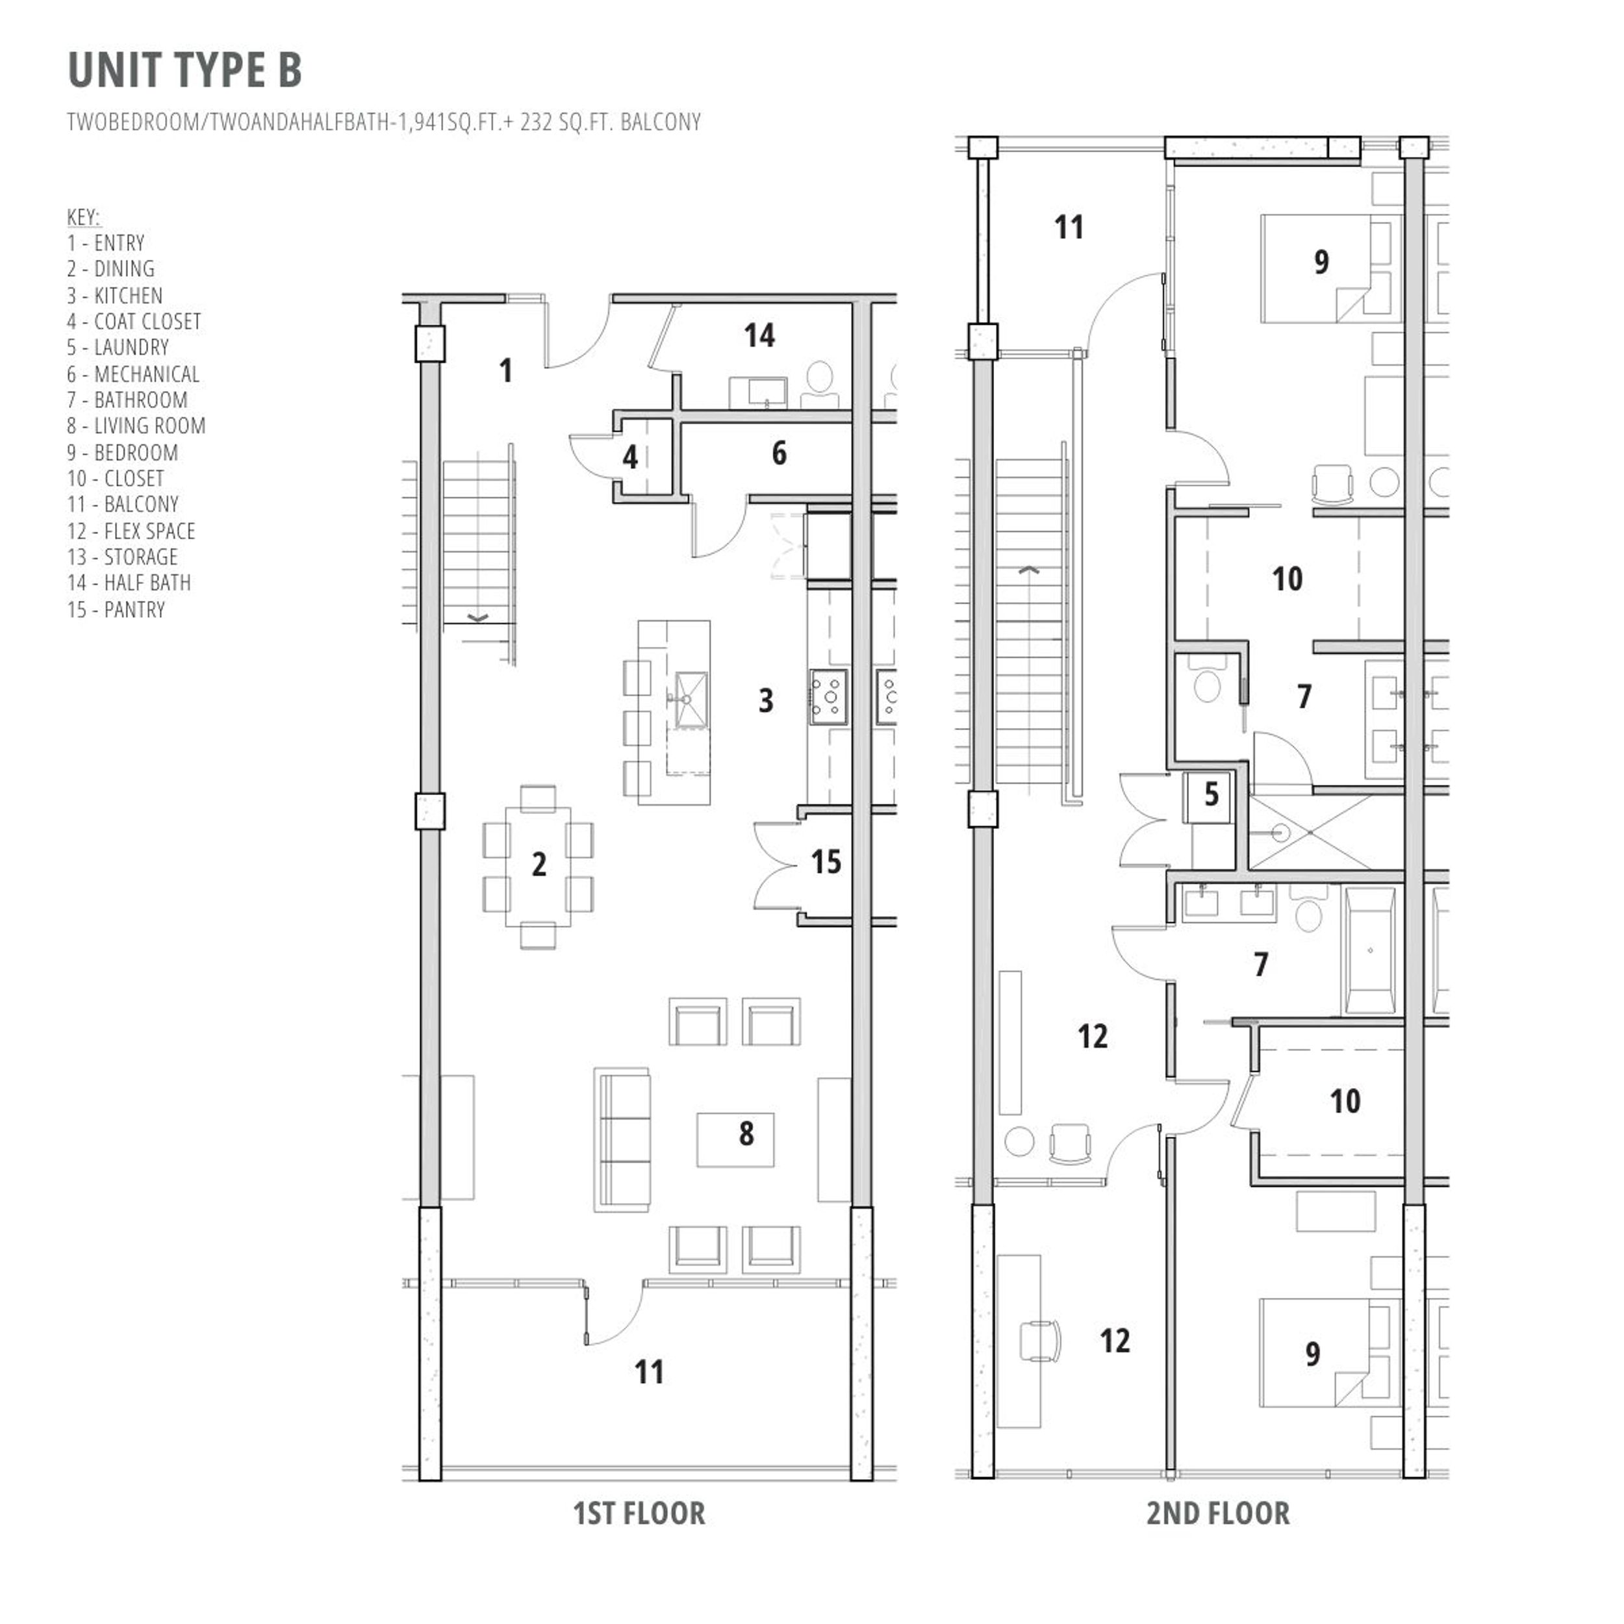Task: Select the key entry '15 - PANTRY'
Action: (x=116, y=610)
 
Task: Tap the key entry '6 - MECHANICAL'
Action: (x=133, y=374)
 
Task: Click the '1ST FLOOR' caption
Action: (x=639, y=1514)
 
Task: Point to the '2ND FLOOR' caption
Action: (x=1218, y=1514)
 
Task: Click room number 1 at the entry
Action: (x=505, y=371)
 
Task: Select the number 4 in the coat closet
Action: (x=630, y=457)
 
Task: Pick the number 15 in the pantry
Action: (x=826, y=863)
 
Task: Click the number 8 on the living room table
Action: (x=746, y=1134)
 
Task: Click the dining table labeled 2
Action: (x=539, y=865)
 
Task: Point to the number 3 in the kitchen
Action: (x=766, y=701)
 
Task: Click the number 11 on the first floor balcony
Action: (x=649, y=1373)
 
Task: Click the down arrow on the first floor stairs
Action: (x=477, y=618)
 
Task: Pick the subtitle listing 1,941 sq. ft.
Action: (x=384, y=123)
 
